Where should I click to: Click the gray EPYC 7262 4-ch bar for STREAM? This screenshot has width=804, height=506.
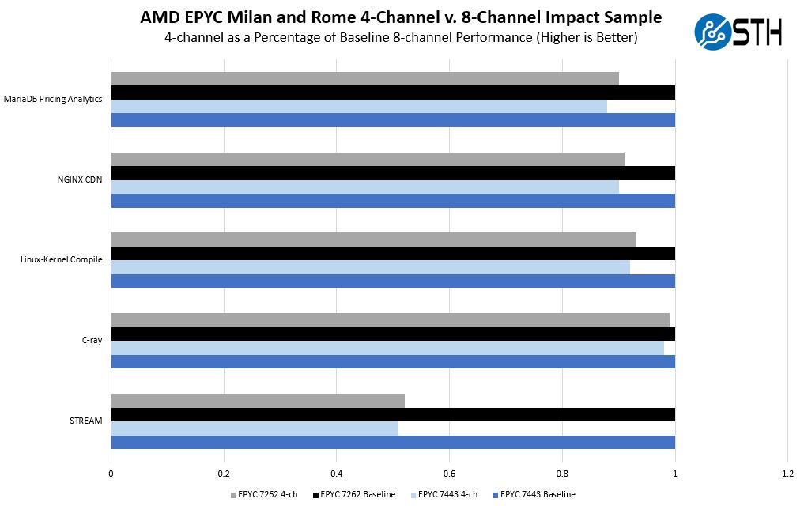(x=258, y=401)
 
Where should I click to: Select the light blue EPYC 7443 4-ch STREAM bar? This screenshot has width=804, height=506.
(x=255, y=428)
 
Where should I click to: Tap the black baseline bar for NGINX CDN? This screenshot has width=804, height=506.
(x=393, y=173)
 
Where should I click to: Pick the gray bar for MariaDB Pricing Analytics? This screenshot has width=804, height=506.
(x=364, y=78)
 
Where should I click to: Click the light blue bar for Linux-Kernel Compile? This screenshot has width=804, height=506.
(x=370, y=267)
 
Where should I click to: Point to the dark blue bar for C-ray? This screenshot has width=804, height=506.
(x=393, y=361)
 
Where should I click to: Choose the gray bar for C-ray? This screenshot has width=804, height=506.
(x=390, y=319)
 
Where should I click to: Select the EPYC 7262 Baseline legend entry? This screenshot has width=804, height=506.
(x=356, y=495)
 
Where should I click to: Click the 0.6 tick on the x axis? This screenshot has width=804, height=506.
(x=449, y=474)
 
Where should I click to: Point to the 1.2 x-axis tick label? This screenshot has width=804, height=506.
(x=787, y=474)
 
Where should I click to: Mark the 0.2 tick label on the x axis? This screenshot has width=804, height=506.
(x=224, y=474)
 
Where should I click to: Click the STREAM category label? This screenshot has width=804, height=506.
(x=86, y=421)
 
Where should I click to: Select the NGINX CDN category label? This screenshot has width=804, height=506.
(x=80, y=179)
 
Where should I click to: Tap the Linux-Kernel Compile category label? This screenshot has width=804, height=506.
(x=62, y=260)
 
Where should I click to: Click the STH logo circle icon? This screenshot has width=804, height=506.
(x=713, y=32)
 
